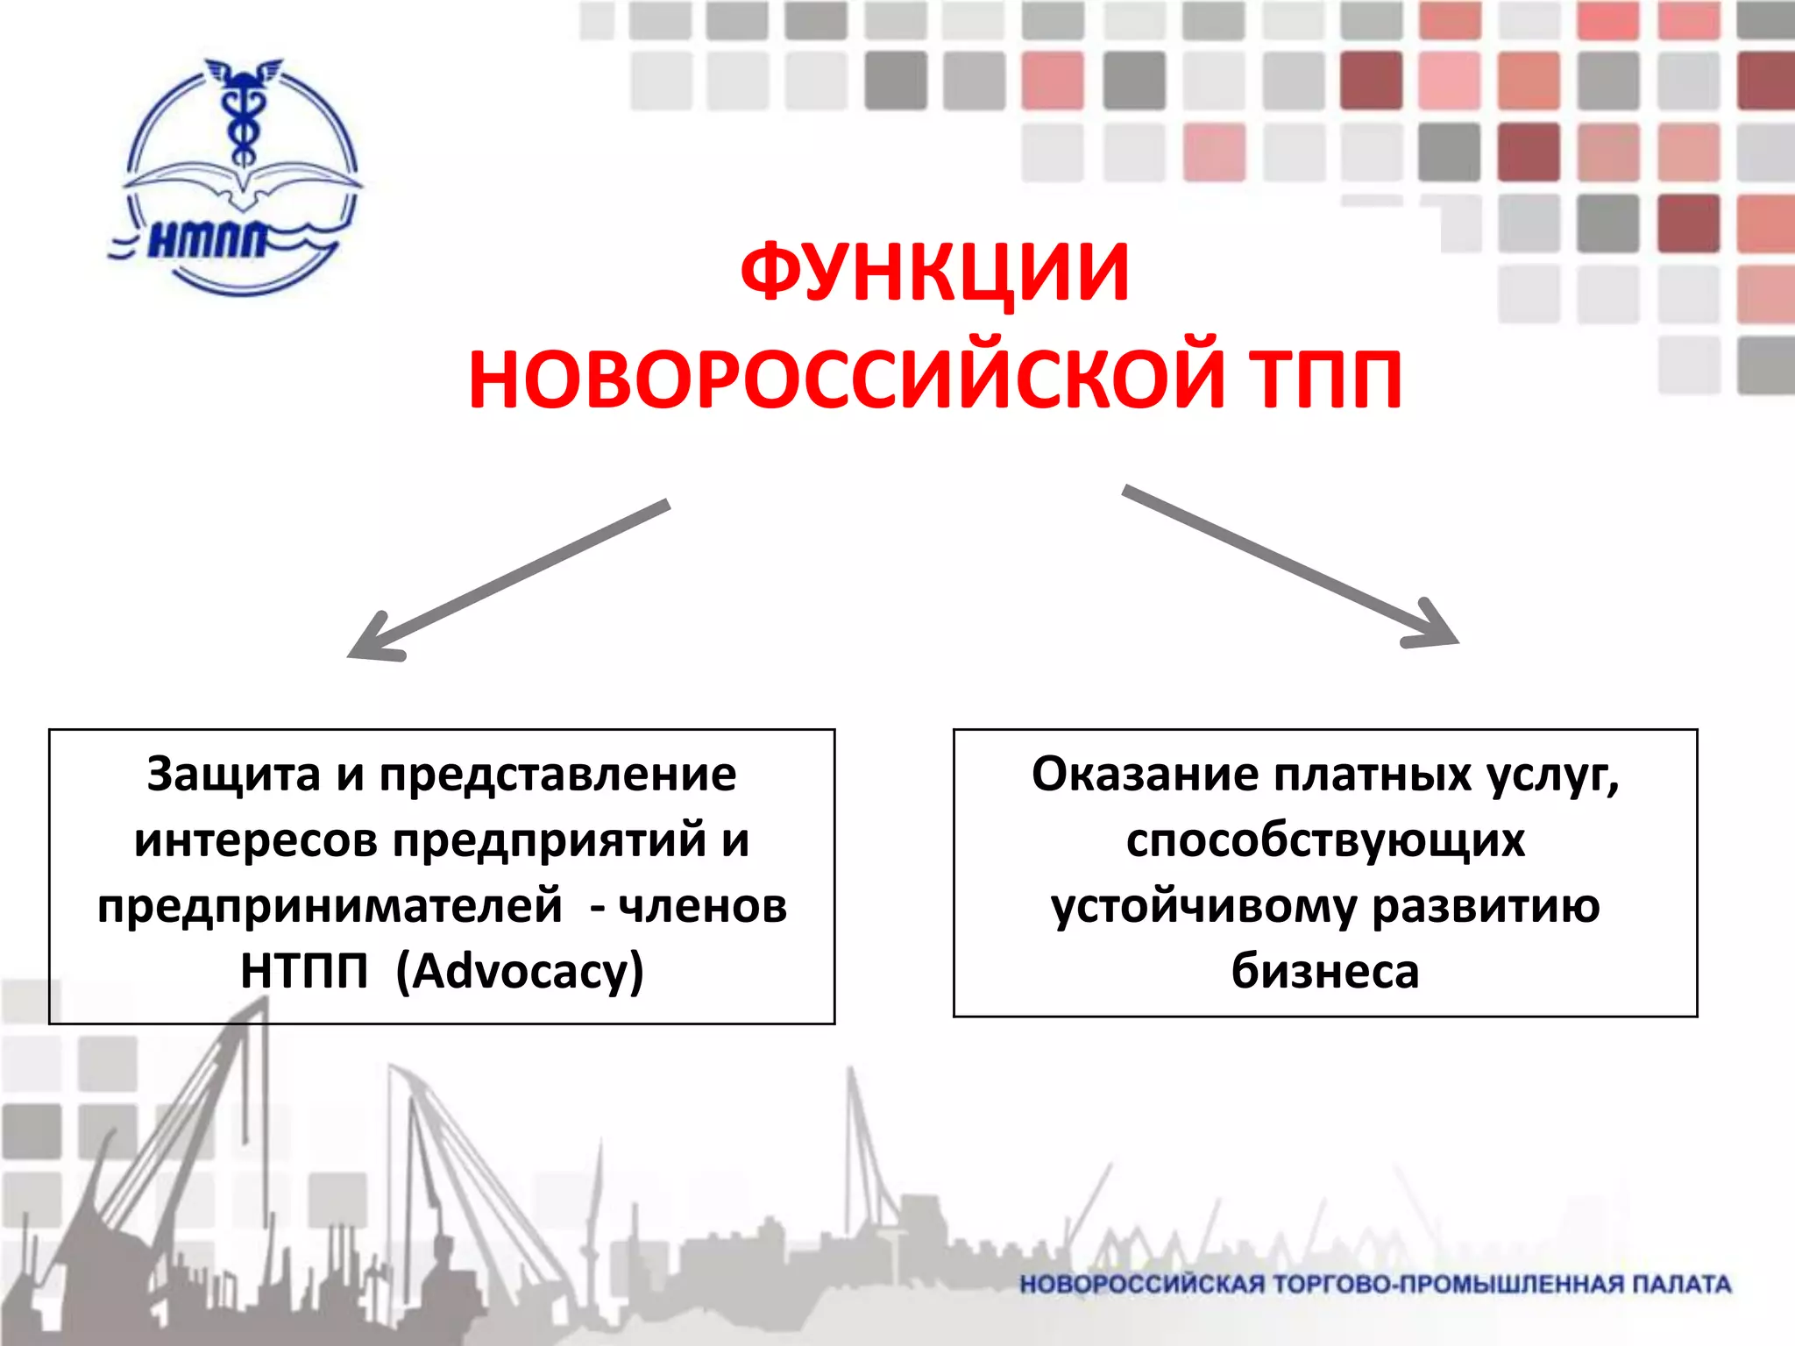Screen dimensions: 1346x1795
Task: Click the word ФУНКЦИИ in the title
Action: tap(934, 273)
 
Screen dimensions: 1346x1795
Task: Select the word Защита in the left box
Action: tap(233, 775)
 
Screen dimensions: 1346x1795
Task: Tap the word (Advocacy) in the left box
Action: tap(520, 971)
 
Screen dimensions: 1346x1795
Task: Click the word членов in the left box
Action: tap(703, 906)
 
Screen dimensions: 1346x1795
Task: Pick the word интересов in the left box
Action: tap(256, 840)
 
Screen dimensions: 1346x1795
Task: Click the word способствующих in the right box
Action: tap(1325, 840)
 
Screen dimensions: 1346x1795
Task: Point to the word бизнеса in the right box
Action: tap(1324, 971)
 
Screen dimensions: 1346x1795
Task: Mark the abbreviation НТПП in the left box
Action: tap(304, 971)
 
